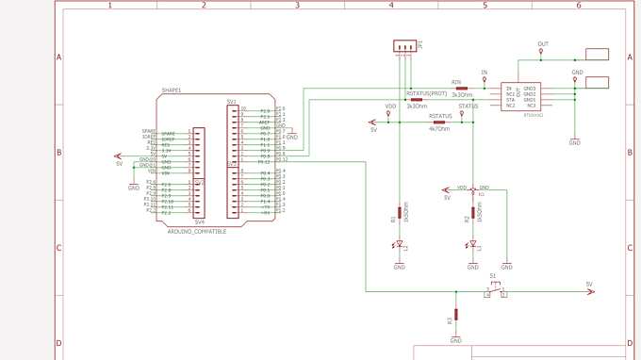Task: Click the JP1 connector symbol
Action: (405, 45)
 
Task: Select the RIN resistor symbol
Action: (461, 88)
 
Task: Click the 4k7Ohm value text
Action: (439, 128)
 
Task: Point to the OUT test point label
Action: (542, 44)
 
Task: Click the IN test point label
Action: (485, 73)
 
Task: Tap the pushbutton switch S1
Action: (496, 287)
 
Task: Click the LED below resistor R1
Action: (398, 246)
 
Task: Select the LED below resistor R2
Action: (473, 246)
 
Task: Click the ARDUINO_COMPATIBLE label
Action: (196, 231)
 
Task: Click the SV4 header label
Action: (199, 222)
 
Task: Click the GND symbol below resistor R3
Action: (456, 337)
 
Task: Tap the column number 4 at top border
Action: (390, 6)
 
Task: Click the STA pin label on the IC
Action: (510, 99)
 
